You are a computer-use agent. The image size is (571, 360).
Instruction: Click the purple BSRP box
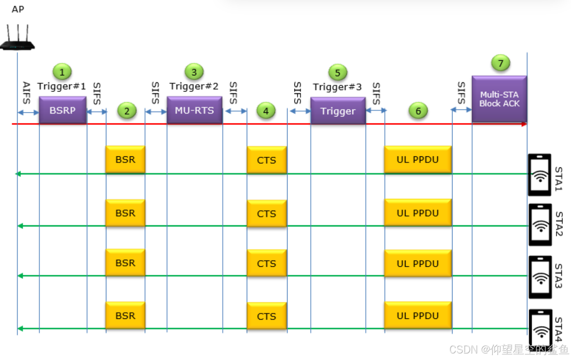[x=63, y=110]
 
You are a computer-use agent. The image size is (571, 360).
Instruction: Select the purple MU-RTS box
[x=195, y=110]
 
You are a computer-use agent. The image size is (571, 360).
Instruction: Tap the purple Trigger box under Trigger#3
[x=338, y=111]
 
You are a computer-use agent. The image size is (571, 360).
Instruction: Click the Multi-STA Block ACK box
[x=499, y=99]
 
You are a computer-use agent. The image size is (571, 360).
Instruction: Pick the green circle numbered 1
[x=62, y=72]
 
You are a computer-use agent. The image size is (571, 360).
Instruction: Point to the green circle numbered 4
[x=266, y=111]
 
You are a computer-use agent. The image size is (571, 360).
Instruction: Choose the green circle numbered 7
[x=501, y=63]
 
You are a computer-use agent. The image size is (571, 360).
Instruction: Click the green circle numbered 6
[x=418, y=111]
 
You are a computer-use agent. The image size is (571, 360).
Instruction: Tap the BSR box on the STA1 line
[x=125, y=160]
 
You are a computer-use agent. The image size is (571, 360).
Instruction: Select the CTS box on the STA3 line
[x=267, y=263]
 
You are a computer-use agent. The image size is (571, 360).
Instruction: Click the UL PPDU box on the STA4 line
[x=418, y=316]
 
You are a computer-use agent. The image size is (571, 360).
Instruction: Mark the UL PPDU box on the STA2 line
[x=418, y=213]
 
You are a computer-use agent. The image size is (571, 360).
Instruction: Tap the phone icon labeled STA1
[x=540, y=175]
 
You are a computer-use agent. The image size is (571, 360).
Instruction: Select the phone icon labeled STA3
[x=540, y=277]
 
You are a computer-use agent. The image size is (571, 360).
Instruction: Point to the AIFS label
[x=26, y=93]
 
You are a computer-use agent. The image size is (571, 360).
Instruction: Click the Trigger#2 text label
[x=194, y=86]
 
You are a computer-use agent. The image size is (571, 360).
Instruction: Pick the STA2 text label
[x=559, y=224]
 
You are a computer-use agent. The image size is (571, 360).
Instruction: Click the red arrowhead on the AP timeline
[x=524, y=124]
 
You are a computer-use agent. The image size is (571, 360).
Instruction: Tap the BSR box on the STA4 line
[x=125, y=316]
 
